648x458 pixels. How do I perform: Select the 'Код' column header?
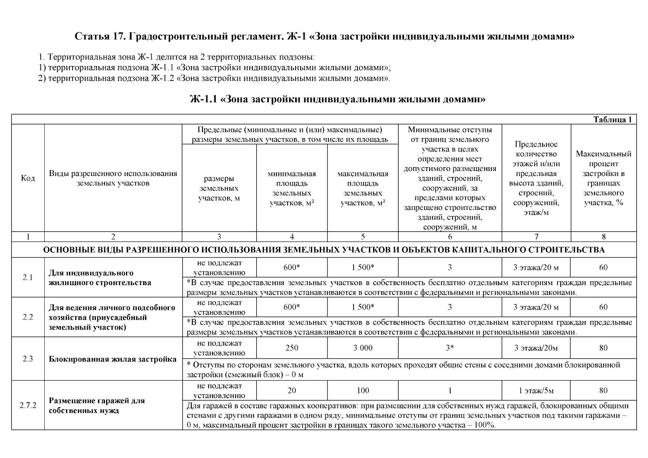[28, 178]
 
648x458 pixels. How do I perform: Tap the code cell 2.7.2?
[28, 405]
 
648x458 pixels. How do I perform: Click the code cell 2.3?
[28, 359]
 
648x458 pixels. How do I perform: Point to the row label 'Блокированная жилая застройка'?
[113, 359]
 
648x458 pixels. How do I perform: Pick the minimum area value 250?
[292, 348]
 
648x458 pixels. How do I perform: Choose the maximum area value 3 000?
[362, 348]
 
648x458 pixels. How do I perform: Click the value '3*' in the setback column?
[450, 348]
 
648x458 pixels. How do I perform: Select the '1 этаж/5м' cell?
[536, 390]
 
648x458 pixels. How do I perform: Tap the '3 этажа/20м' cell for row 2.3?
[536, 348]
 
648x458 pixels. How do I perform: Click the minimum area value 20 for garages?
[292, 390]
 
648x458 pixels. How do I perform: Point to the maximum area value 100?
[362, 390]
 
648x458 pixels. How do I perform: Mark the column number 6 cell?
[450, 237]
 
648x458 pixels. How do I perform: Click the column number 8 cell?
[603, 237]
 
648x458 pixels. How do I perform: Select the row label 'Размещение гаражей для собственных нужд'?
[97, 406]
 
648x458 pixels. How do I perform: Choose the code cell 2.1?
[28, 277]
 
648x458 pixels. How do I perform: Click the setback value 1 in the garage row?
[450, 390]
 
